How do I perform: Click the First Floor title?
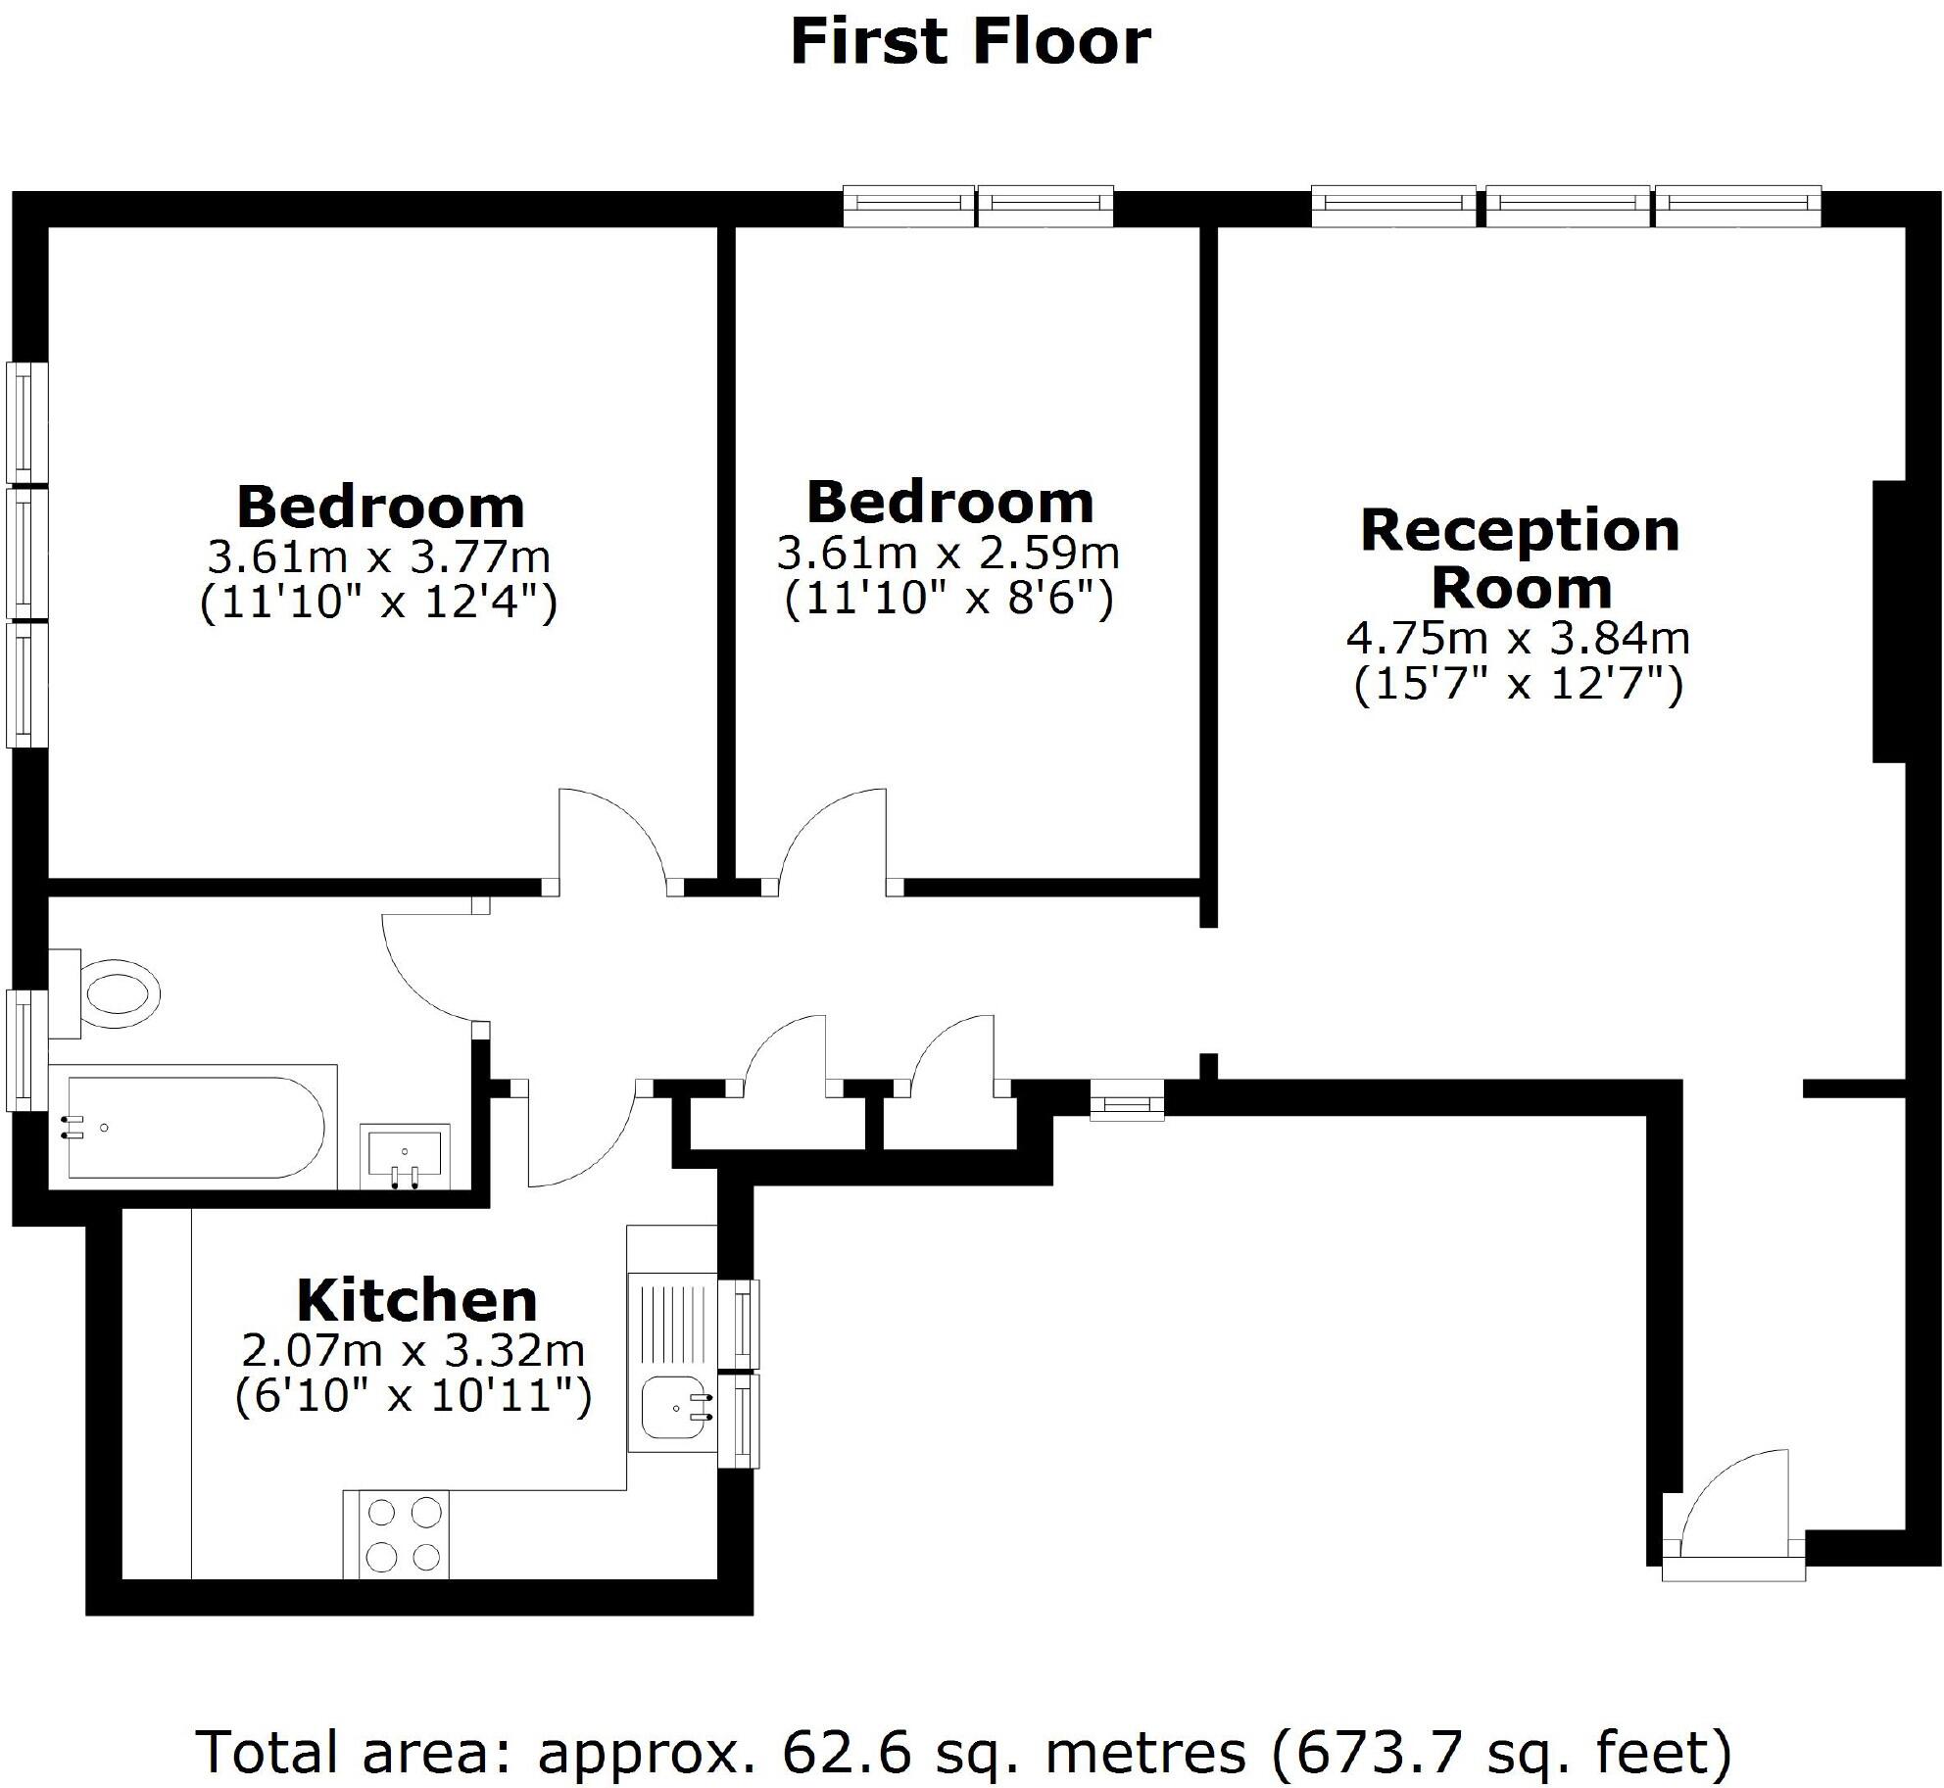(970, 42)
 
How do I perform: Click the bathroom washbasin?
(405, 1156)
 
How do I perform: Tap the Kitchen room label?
(416, 1301)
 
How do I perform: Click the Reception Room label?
(1520, 558)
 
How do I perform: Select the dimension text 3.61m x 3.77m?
(379, 557)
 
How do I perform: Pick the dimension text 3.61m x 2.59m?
(948, 553)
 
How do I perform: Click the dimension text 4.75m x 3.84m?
(1518, 639)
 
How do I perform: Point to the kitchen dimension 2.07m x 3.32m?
(413, 1351)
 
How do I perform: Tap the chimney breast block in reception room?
(1890, 621)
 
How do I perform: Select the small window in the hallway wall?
(1127, 1100)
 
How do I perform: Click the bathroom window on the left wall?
(26, 1049)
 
